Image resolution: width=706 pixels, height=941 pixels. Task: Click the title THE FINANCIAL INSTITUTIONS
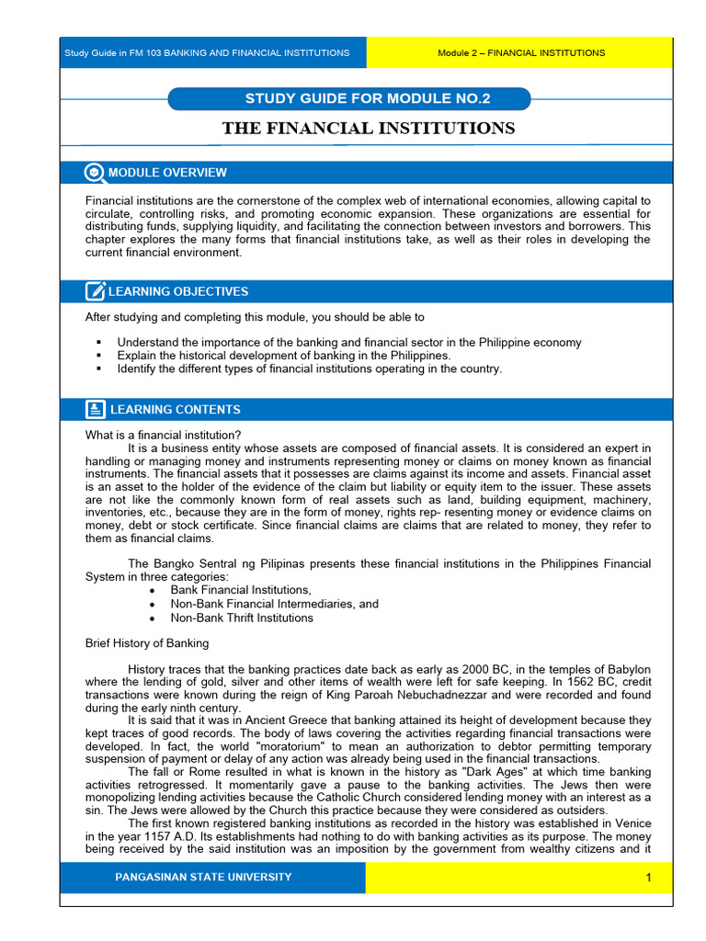[369, 129]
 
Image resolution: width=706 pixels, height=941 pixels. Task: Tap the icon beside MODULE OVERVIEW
[95, 173]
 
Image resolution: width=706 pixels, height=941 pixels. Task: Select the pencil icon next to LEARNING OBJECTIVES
[95, 291]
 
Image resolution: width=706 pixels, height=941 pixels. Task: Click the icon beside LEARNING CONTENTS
[95, 410]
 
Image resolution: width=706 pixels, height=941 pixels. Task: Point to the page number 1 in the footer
[648, 878]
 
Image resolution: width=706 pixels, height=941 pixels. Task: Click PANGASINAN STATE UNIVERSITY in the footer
[203, 878]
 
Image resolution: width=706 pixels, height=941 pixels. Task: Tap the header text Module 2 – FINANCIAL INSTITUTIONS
[521, 53]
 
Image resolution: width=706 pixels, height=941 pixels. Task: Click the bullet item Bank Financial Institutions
[241, 590]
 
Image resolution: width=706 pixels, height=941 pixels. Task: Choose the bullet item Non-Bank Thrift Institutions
[242, 618]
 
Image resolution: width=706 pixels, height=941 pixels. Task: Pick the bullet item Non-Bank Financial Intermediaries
[274, 604]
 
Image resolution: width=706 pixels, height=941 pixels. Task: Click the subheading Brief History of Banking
[147, 643]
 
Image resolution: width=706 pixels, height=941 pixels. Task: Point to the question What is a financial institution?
[164, 435]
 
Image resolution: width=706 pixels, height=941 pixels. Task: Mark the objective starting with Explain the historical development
[284, 356]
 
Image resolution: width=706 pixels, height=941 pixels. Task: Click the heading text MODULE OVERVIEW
[167, 173]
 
